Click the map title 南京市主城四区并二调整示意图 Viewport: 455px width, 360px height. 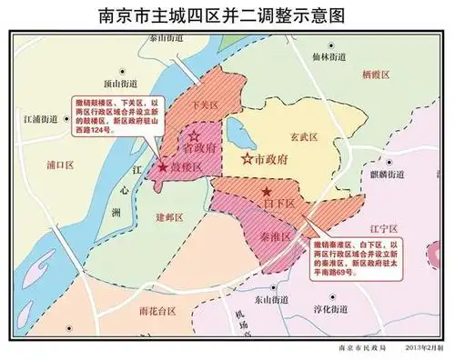pyautogui.click(x=227, y=15)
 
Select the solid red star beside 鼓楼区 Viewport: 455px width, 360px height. pyautogui.click(x=162, y=168)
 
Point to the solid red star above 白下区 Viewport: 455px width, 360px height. pyautogui.click(x=266, y=192)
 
